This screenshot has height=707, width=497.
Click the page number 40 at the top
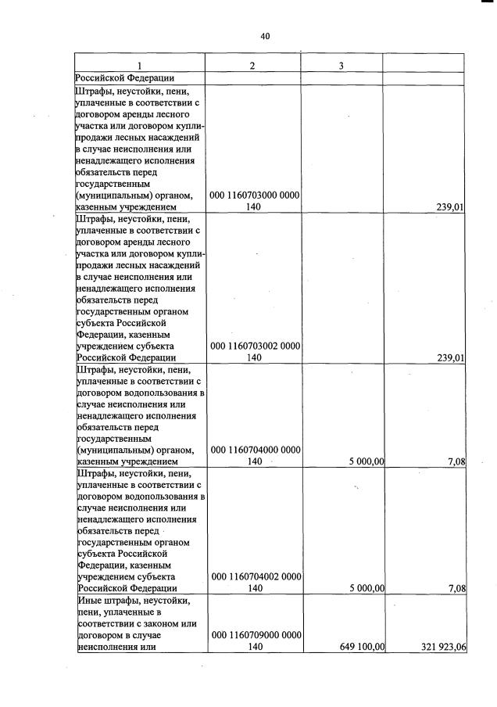point(265,36)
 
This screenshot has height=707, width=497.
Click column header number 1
point(139,66)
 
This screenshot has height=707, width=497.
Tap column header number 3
point(342,66)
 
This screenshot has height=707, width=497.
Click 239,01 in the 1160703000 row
point(449,207)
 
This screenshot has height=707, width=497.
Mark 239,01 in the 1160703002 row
point(449,358)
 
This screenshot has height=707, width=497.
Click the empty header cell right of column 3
point(425,66)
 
